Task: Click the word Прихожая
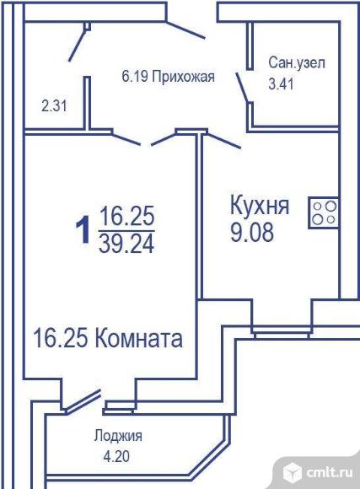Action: click(x=183, y=77)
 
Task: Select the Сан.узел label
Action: click(x=297, y=62)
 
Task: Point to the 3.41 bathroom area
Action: click(x=281, y=84)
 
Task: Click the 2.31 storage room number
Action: click(x=54, y=106)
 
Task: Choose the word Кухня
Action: click(x=260, y=205)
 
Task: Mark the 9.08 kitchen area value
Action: click(x=252, y=233)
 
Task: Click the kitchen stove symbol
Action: click(x=324, y=213)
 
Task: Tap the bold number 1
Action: click(x=83, y=230)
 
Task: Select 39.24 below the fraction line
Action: click(x=126, y=244)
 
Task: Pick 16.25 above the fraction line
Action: click(x=126, y=216)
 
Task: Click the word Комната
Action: click(x=137, y=338)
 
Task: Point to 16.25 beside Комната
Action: click(x=60, y=338)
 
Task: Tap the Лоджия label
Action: click(x=118, y=436)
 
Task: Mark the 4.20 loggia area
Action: click(x=116, y=457)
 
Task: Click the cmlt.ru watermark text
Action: click(x=330, y=473)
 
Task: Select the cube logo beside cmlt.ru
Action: click(x=293, y=473)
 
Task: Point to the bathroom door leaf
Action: click(x=242, y=88)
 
